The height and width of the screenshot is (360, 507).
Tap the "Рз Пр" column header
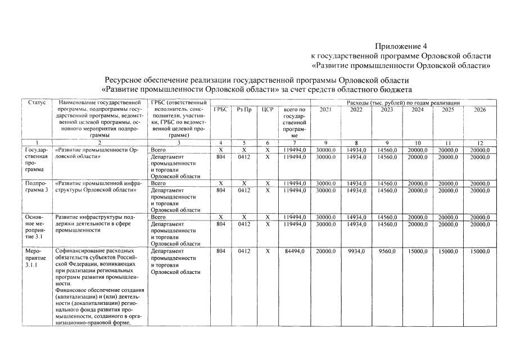click(243, 109)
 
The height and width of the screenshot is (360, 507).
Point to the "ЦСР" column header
click(268, 109)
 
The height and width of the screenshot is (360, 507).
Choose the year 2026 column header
click(479, 109)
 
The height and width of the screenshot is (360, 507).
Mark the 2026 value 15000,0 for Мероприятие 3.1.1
click(479, 251)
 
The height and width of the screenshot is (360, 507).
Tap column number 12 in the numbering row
click(479, 143)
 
